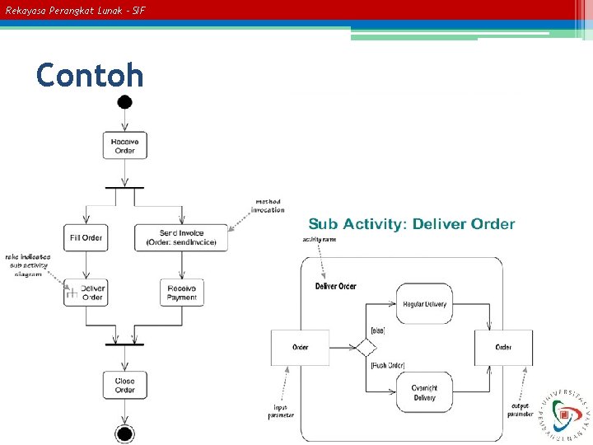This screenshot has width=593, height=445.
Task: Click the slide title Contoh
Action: point(90,76)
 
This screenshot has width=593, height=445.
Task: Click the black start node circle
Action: point(124,102)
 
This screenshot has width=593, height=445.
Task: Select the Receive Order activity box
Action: point(124,146)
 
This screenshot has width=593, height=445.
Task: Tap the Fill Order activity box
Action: point(86,238)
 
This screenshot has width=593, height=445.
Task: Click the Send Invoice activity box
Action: point(181,237)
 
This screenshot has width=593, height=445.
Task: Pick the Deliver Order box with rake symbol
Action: point(86,293)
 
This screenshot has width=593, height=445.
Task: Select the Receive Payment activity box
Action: point(181,293)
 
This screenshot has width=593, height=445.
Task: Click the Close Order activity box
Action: point(124,385)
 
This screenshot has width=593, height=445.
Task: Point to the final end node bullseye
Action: point(124,433)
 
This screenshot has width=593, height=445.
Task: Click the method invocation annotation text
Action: point(268,205)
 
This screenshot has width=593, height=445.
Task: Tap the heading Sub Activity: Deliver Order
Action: point(411,224)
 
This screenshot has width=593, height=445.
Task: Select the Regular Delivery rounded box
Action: point(424,304)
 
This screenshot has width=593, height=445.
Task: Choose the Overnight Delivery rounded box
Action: point(424,393)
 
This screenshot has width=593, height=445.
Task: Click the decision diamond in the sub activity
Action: point(365,347)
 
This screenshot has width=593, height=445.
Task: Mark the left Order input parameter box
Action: point(301,347)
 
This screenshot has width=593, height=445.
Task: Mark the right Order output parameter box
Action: point(503,347)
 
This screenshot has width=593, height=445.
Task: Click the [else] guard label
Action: point(378,330)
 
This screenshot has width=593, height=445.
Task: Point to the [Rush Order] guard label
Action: point(387,365)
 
